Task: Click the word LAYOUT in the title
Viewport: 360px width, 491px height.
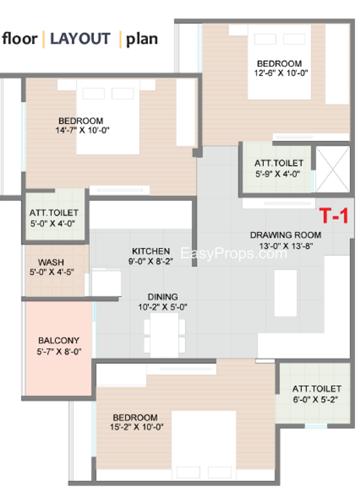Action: pyautogui.click(x=80, y=39)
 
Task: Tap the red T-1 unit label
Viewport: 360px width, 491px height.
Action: pyautogui.click(x=334, y=215)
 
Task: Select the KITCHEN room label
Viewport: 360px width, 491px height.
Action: pyautogui.click(x=151, y=251)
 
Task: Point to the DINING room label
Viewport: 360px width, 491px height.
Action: pyautogui.click(x=163, y=297)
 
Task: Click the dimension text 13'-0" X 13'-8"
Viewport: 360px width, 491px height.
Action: pyautogui.click(x=286, y=246)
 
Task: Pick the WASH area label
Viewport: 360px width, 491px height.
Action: pyautogui.click(x=51, y=262)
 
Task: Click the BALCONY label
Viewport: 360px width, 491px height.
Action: pyautogui.click(x=58, y=341)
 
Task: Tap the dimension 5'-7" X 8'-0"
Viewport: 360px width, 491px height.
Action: pyautogui.click(x=59, y=352)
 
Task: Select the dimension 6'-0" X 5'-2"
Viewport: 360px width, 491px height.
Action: pyautogui.click(x=316, y=400)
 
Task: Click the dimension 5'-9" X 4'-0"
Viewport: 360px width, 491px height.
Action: pyautogui.click(x=278, y=174)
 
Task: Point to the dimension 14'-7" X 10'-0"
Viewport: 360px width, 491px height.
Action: pyautogui.click(x=82, y=130)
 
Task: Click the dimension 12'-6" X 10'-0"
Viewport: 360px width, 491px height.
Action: pyautogui.click(x=281, y=73)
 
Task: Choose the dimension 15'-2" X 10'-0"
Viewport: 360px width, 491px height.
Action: pyautogui.click(x=136, y=427)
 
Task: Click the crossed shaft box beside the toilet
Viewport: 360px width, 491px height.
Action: pyautogui.click(x=332, y=169)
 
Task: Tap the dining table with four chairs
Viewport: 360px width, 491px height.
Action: pyautogui.click(x=164, y=335)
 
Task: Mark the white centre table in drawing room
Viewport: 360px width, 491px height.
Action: pyautogui.click(x=286, y=293)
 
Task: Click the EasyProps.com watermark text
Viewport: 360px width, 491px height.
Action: pyautogui.click(x=233, y=253)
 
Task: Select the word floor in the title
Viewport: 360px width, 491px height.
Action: pyautogui.click(x=20, y=39)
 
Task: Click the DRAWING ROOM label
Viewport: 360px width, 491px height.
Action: pyautogui.click(x=286, y=235)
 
